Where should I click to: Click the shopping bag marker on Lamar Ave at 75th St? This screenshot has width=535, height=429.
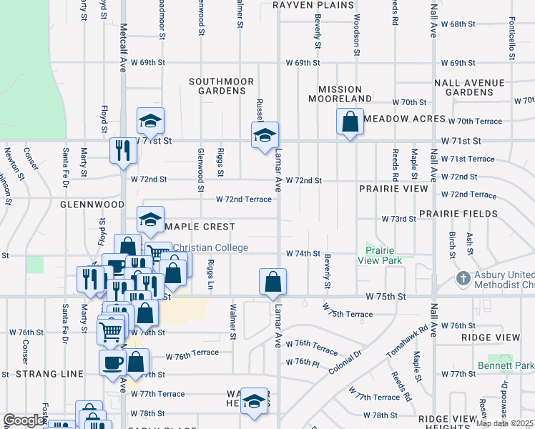(273, 282)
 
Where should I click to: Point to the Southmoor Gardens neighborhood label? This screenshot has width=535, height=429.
(222, 87)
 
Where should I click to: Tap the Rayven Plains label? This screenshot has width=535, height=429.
(313, 4)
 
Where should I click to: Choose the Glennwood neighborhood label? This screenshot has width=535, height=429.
(92, 204)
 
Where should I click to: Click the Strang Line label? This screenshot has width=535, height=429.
(49, 374)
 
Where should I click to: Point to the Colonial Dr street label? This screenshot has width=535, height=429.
(346, 362)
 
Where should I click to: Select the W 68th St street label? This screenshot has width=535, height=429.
(458, 24)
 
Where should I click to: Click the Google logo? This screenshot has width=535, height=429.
(24, 420)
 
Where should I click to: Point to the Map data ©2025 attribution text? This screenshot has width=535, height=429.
(504, 423)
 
